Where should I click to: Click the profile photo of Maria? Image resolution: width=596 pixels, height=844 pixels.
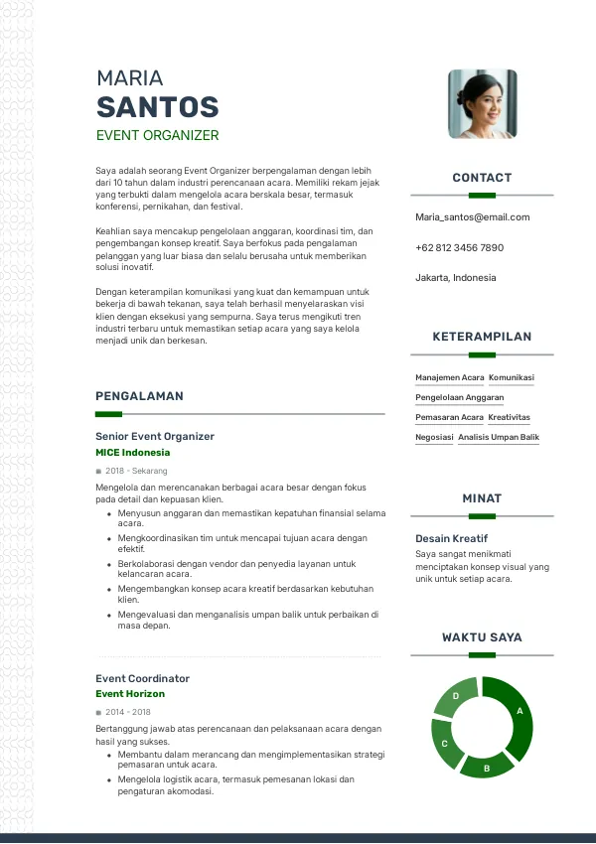click(x=482, y=103)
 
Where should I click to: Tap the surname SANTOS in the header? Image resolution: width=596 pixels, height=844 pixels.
click(x=157, y=107)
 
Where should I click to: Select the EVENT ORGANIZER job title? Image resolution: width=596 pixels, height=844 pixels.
click(x=157, y=135)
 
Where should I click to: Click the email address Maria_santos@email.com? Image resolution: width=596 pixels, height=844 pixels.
click(x=472, y=216)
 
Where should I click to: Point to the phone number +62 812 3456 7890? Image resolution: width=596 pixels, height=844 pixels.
click(x=459, y=247)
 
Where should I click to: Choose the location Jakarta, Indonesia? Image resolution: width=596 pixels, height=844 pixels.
click(x=455, y=278)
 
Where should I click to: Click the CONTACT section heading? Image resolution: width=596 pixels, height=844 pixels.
click(x=482, y=178)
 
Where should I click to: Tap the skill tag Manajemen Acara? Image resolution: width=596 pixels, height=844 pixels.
click(x=449, y=377)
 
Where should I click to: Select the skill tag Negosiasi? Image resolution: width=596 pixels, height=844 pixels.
click(x=434, y=437)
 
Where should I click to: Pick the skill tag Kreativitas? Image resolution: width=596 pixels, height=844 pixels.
click(x=509, y=417)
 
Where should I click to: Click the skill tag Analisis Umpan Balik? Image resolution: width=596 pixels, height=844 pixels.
click(x=499, y=437)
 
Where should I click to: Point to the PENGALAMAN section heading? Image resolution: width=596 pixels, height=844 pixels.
click(x=139, y=396)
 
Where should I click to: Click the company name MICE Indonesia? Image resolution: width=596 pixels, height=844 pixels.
click(x=132, y=453)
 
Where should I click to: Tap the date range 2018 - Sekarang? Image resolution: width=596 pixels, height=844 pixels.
click(x=136, y=471)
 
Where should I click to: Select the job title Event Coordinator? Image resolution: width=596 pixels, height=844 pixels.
click(x=142, y=678)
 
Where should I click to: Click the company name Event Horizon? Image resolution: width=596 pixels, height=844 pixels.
click(x=130, y=694)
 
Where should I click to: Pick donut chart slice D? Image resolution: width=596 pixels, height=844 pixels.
click(x=456, y=696)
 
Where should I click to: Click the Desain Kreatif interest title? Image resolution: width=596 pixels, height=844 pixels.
click(x=451, y=538)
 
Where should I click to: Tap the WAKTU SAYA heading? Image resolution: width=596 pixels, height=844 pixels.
click(x=482, y=637)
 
